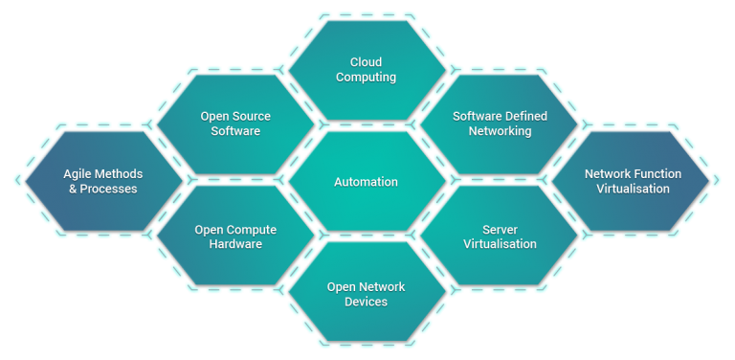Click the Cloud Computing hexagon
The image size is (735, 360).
coord(367,70)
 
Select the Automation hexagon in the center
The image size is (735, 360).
coord(367,181)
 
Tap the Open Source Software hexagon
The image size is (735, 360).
coord(235,124)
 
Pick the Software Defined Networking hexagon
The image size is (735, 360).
coord(500,124)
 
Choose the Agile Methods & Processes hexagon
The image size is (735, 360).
coord(102,181)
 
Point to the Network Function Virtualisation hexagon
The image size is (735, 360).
coord(632,181)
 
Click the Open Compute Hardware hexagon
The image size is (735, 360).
coord(235,236)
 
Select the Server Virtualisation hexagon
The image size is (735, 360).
coord(500,236)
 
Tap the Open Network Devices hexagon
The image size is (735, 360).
coord(367,294)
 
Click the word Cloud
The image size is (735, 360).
coord(367,62)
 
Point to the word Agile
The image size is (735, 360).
coord(78,174)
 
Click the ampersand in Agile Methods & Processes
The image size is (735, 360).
coord(74,189)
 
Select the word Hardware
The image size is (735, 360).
coord(235,244)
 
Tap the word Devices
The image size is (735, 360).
coord(367,302)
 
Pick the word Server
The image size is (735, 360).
coord(500,230)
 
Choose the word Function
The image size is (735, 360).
coord(659,174)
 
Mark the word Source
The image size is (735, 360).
coord(251,117)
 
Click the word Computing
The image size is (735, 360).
coord(367,78)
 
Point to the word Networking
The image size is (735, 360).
coord(500,131)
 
